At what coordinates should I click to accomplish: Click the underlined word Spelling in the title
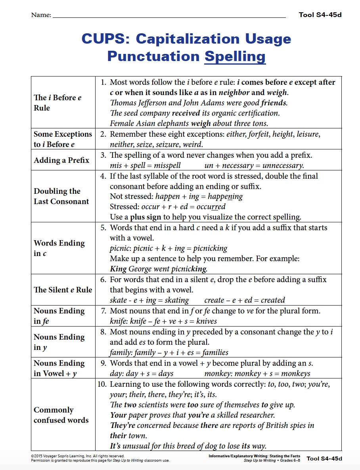pyautogui.click(x=235, y=56)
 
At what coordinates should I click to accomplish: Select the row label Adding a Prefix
pyautogui.click(x=61, y=160)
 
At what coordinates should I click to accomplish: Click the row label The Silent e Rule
pyautogui.click(x=63, y=290)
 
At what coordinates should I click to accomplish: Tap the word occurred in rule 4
pyautogui.click(x=212, y=207)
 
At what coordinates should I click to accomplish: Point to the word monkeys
pyautogui.click(x=295, y=373)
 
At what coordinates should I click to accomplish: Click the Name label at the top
pyautogui.click(x=41, y=15)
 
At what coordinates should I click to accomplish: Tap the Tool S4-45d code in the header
pyautogui.click(x=320, y=15)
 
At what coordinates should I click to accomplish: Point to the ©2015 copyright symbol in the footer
pyautogui.click(x=32, y=456)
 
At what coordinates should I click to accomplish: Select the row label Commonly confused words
pyautogui.click(x=61, y=415)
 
